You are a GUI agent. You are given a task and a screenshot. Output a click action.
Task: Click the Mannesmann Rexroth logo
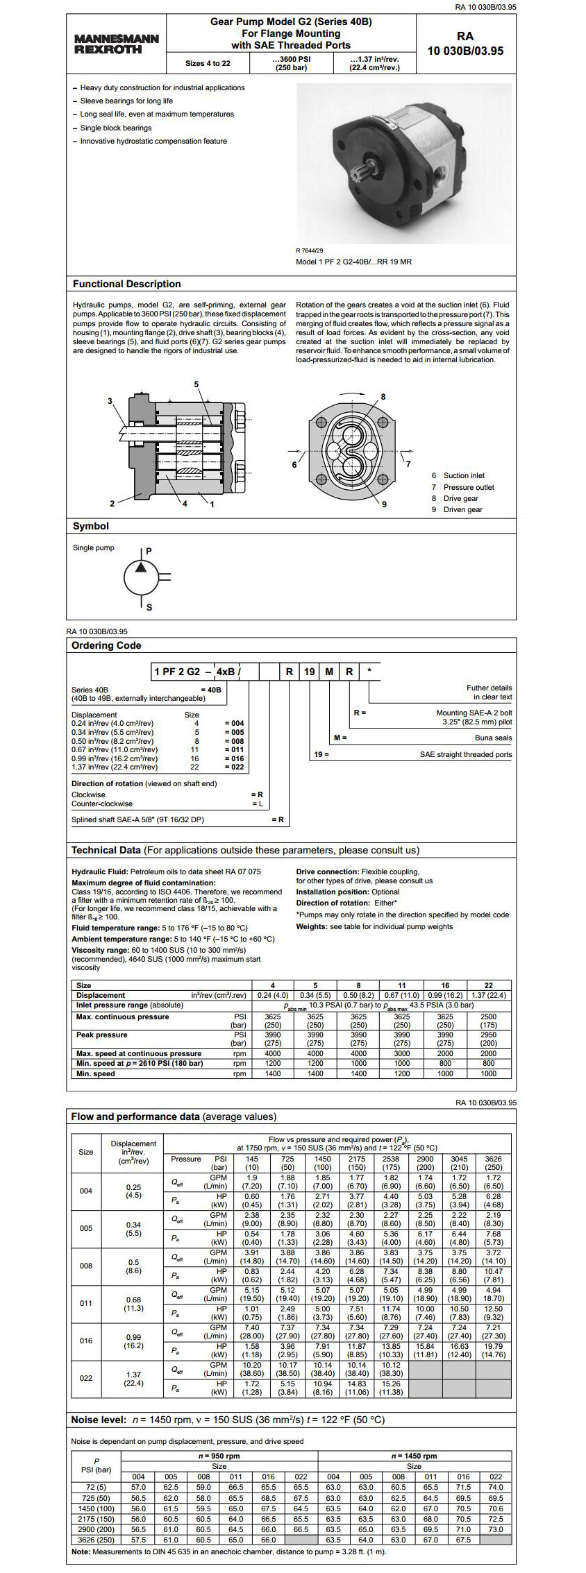tap(116, 44)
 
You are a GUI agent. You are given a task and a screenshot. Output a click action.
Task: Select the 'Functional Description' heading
tap(126, 284)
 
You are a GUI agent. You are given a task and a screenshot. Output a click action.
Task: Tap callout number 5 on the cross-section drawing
tap(196, 384)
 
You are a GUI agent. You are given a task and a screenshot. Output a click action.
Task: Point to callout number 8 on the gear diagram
tap(383, 396)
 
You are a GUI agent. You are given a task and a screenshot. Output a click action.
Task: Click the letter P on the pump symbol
tap(149, 551)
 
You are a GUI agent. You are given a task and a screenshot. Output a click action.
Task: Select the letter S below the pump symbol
tap(149, 607)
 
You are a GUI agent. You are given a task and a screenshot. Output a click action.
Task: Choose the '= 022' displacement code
tap(234, 767)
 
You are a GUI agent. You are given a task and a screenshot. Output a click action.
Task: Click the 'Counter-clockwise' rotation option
tap(102, 803)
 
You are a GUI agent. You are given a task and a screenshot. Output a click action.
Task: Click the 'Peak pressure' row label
tap(101, 1035)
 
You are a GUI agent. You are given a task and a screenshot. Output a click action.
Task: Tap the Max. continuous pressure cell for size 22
tap(489, 1021)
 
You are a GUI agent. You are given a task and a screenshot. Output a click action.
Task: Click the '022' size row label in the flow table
tap(85, 1378)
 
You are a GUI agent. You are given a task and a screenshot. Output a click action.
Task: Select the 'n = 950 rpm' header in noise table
tap(219, 1456)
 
